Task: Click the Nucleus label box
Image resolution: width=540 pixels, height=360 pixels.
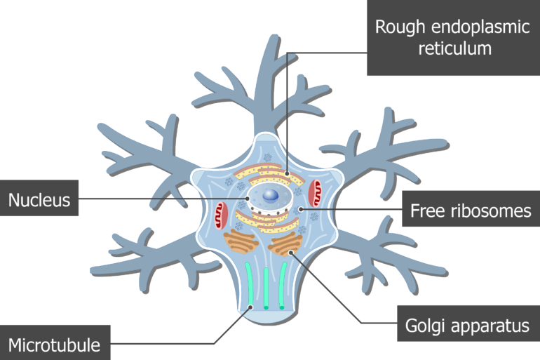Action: click(39, 200)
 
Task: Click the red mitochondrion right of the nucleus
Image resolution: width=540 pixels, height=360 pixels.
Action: click(316, 189)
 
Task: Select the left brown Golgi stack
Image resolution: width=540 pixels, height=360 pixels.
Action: click(242, 243)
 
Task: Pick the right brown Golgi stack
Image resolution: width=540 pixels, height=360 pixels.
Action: click(285, 244)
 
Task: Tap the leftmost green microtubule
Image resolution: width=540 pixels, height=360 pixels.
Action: click(250, 284)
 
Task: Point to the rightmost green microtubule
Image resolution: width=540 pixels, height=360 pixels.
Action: click(282, 284)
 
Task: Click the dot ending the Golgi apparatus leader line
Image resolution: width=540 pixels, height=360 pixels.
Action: click(290, 253)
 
